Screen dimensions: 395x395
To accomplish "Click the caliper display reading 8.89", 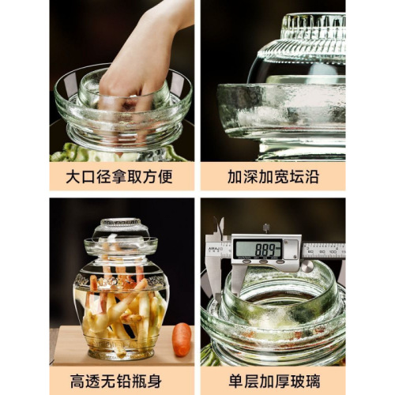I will (x=258, y=249).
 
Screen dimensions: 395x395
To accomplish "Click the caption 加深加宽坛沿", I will (x=273, y=175).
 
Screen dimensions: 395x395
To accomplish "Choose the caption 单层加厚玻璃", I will (x=273, y=378).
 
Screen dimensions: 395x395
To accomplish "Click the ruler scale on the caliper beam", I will (x=324, y=250).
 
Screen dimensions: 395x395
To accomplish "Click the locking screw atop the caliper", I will (x=266, y=228).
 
